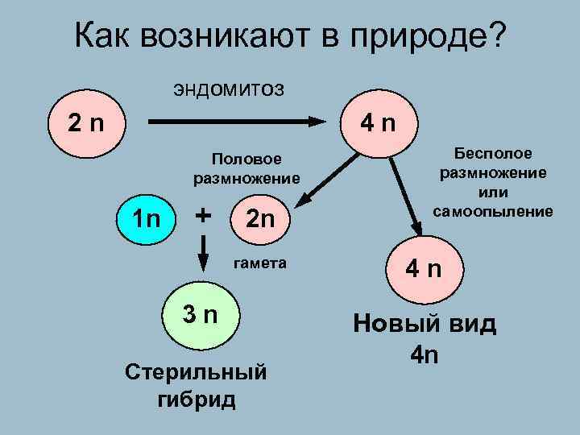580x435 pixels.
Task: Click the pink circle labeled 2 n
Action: (85, 123)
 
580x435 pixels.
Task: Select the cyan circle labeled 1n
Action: (148, 217)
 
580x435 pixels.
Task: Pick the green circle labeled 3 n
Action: (199, 314)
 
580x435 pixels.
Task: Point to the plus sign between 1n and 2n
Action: (205, 215)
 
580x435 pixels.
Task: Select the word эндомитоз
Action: (227, 87)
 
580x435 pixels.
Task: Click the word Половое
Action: (246, 159)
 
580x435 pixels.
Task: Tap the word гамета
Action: (260, 263)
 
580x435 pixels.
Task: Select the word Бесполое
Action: (493, 153)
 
